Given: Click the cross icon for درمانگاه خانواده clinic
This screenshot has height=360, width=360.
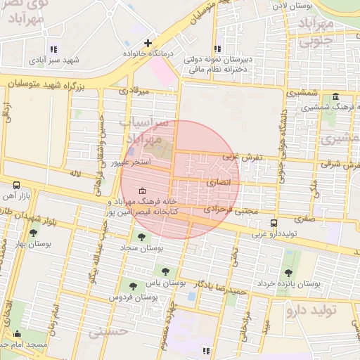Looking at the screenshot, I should point(148,43).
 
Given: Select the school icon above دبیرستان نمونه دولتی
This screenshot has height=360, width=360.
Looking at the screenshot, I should point(217,49).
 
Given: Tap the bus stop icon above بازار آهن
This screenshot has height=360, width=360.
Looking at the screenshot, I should point(16,185).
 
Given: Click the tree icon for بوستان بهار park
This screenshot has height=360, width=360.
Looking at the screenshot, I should point(33,233).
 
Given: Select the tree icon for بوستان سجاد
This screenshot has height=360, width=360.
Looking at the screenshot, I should point(143,238).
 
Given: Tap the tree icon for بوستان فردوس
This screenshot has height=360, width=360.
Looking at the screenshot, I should point(133,285).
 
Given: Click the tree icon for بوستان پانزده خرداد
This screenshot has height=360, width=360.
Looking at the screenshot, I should point(288,273).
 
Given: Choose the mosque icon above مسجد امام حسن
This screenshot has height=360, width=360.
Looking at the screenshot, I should point(17,333).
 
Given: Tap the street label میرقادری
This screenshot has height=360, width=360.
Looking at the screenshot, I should point(134,91).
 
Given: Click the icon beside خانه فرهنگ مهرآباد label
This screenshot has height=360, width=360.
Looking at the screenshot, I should point(143,191).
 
